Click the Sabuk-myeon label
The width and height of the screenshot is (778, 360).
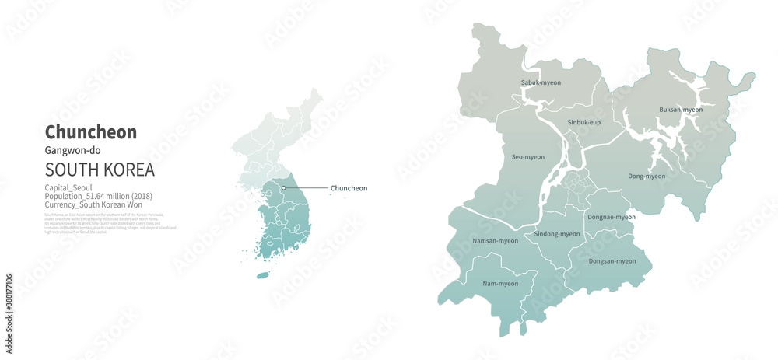click(541, 82)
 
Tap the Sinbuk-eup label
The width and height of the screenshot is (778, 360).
click(583, 123)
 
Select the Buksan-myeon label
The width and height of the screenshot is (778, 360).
click(680, 110)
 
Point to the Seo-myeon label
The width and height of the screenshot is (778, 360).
click(527, 157)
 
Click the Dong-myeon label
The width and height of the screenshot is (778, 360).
click(647, 176)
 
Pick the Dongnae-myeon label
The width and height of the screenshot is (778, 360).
click(611, 217)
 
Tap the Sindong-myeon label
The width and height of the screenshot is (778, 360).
click(557, 234)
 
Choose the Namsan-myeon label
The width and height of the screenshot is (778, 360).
click(495, 241)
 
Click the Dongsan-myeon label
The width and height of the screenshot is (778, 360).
click(612, 261)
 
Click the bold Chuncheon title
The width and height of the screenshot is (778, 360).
click(91, 132)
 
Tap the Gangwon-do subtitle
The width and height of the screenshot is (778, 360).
click(72, 150)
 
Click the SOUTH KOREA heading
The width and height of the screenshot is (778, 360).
click(100, 170)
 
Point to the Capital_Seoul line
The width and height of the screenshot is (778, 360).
click(68, 188)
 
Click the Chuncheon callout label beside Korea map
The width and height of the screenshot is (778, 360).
click(349, 188)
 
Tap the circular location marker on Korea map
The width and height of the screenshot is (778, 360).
click(284, 187)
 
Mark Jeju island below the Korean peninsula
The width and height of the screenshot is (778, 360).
click(263, 274)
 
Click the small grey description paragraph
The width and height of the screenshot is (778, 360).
click(110, 222)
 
